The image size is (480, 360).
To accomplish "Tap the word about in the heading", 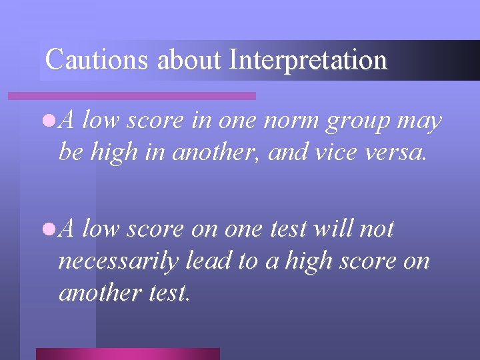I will click(189, 60).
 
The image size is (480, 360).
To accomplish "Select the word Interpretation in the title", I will click(307, 60).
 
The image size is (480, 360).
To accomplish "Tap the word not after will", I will click(377, 229).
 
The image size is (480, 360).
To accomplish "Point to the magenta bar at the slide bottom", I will click(127, 353).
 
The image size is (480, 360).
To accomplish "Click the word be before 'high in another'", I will click(70, 152).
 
